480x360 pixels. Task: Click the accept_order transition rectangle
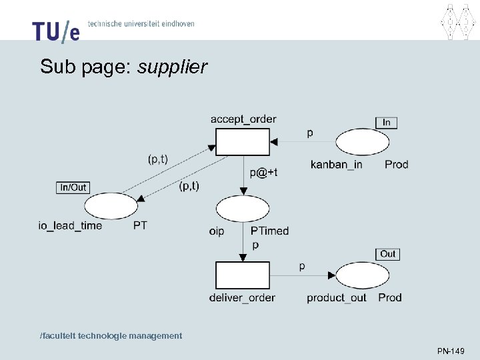point(243,141)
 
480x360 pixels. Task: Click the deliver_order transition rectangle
point(243,275)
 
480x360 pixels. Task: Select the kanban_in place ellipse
point(362,142)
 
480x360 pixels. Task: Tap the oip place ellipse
point(243,209)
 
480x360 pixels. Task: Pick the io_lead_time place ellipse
point(111,207)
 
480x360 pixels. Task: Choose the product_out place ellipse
point(363,276)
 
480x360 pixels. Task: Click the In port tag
point(387,123)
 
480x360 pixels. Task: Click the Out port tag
point(388,254)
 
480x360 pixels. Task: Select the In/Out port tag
point(73,187)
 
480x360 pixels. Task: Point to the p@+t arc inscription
point(264,172)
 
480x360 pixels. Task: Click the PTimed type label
point(269,231)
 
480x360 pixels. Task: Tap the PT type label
point(140,225)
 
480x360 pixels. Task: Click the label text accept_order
point(243,119)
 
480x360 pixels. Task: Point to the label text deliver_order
point(242,297)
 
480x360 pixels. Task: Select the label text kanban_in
point(337,164)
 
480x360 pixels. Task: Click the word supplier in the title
point(173,67)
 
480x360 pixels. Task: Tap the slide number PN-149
point(451,351)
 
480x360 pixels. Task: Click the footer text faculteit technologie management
point(111,335)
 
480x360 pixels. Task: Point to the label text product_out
point(337,297)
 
